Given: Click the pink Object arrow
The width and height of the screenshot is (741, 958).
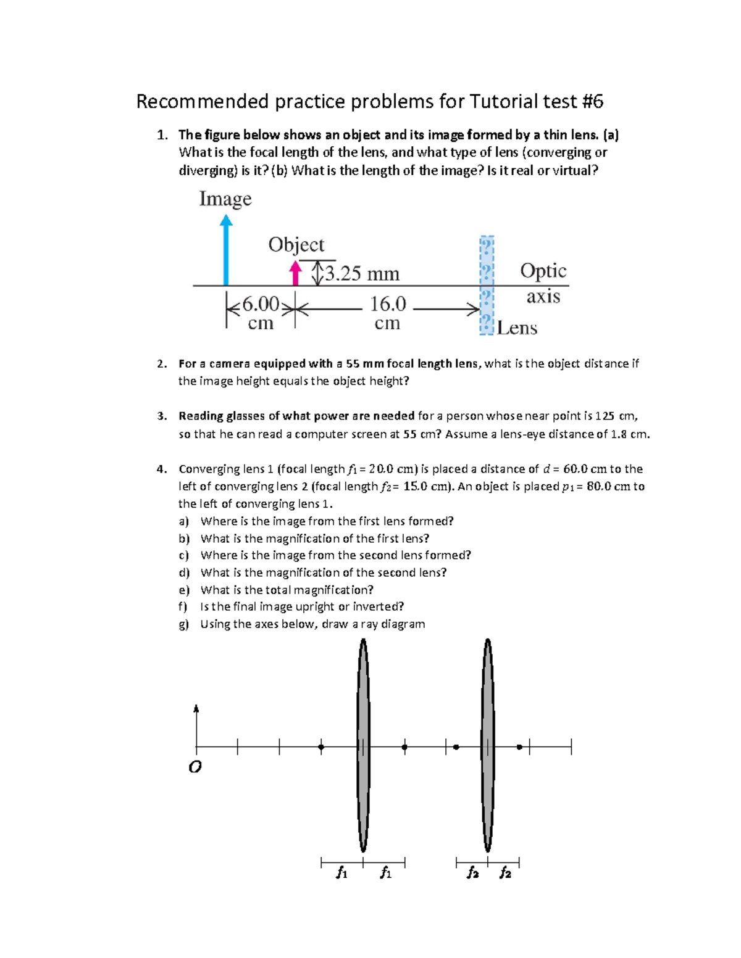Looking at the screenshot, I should click(296, 273).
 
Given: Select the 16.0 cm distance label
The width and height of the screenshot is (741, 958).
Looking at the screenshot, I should click(388, 312).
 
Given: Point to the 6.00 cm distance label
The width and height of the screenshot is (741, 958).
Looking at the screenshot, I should click(261, 312).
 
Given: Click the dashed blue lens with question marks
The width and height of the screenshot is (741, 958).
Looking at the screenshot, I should click(487, 285).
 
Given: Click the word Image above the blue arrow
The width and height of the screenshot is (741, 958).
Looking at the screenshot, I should click(225, 199).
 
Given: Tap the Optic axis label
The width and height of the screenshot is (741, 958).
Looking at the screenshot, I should click(543, 283).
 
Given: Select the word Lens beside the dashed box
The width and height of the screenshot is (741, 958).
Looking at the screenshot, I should click(517, 328).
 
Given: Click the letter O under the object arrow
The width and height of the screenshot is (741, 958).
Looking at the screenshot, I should click(195, 767).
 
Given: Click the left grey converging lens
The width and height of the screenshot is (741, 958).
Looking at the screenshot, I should click(364, 745).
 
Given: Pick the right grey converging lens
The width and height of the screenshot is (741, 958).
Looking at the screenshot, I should click(488, 745).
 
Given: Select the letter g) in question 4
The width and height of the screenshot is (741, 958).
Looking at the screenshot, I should click(183, 624).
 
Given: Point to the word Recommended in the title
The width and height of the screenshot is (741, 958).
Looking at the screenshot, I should click(203, 101).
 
